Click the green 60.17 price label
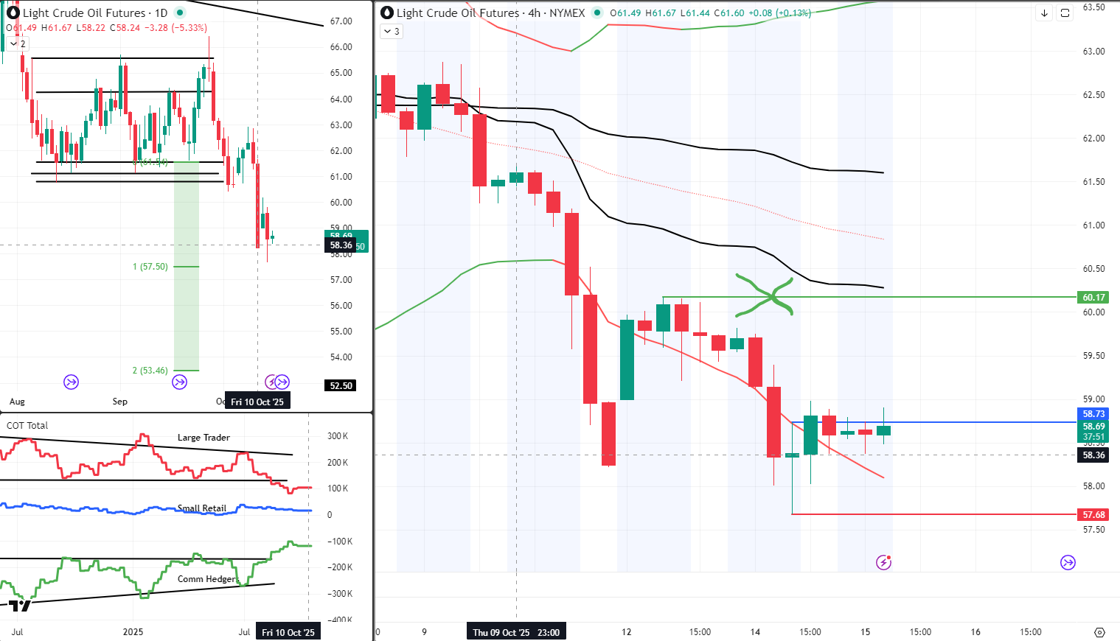(1093, 298)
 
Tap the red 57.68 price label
(1093, 515)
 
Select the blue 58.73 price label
(1093, 414)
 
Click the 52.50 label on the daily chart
(341, 385)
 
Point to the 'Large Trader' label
(204, 438)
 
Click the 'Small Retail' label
(202, 508)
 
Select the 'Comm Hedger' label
(206, 579)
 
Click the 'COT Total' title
(27, 425)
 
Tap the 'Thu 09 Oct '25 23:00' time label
(516, 632)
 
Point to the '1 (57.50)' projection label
(150, 267)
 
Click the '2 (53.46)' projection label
(150, 371)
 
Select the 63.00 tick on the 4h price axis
(1093, 52)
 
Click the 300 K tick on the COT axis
(338, 436)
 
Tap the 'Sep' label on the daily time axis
(119, 402)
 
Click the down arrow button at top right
(1044, 13)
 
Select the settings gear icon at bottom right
(1099, 632)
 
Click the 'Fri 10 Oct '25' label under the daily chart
(257, 402)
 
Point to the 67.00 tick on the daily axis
(341, 21)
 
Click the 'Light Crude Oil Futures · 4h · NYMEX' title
(490, 13)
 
